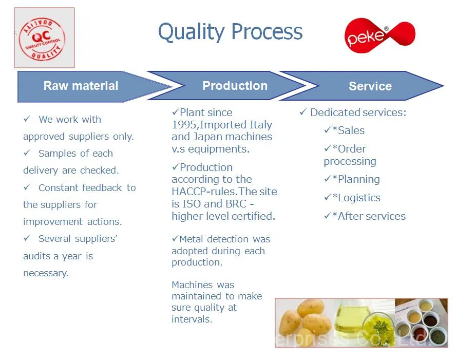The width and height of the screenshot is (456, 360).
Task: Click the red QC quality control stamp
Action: click(42, 39)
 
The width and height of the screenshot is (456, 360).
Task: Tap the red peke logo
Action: click(379, 35)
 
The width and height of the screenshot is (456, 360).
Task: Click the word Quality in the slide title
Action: click(192, 32)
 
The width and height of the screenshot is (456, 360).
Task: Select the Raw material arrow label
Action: click(81, 86)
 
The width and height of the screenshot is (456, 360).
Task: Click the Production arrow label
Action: click(235, 86)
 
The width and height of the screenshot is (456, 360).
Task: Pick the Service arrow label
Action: click(370, 86)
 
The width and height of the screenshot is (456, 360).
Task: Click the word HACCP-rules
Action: click(205, 192)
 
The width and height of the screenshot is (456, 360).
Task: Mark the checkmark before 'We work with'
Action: click(27, 119)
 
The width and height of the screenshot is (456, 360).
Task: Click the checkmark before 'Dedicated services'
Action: click(303, 112)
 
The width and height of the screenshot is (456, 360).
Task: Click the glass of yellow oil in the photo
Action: click(348, 319)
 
